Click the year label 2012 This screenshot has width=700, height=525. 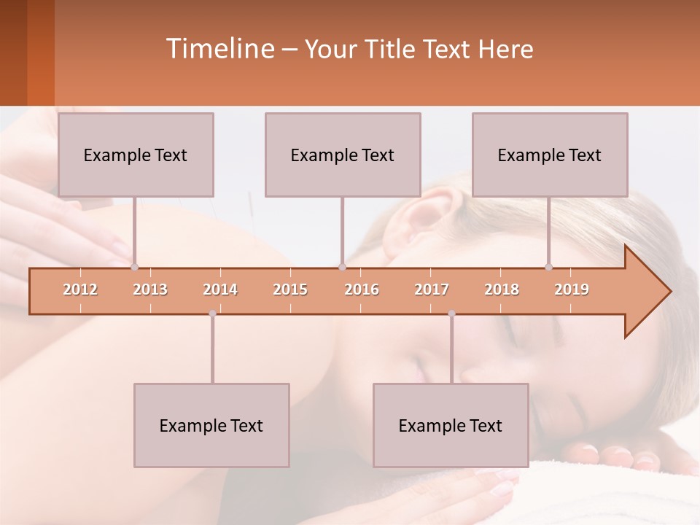point(80,289)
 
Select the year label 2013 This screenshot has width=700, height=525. point(150,289)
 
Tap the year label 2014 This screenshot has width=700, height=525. point(220,289)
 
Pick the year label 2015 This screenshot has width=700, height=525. point(290,289)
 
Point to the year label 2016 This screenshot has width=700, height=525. point(362,289)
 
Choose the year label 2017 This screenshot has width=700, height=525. point(432,289)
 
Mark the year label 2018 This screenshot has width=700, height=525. point(502,289)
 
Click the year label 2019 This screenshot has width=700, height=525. point(572,289)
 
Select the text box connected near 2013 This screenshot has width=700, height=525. point(136,155)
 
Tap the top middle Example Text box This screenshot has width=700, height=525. point(343,155)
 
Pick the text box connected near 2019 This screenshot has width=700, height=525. point(550,155)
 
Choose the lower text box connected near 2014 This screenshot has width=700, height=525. point(211,425)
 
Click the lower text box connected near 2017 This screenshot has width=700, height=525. point(451,425)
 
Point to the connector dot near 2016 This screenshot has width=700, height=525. point(342,267)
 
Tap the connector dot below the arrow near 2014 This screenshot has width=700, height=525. point(212,314)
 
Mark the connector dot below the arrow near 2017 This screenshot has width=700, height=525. point(451,314)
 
